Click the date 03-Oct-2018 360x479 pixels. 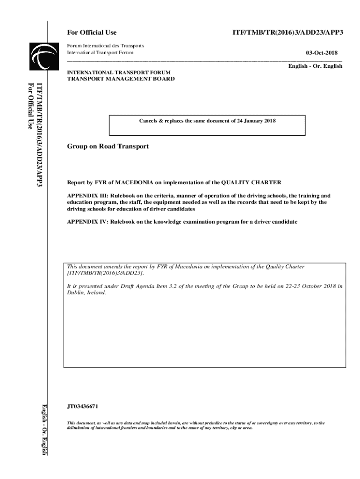tap(322, 53)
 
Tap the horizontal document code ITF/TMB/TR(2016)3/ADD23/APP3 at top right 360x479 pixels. tap(288, 32)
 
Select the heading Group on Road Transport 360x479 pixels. tap(108, 146)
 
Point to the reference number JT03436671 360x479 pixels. tap(83, 406)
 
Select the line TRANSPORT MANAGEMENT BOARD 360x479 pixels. tap(121, 79)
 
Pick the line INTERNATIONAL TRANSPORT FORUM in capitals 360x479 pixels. tap(119, 73)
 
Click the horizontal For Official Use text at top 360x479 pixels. tap(92, 32)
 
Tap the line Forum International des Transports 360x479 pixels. tap(106, 46)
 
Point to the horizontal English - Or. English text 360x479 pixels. tap(315, 66)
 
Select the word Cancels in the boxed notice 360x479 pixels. tap(149, 121)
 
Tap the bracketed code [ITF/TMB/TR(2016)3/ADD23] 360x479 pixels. tap(106, 272)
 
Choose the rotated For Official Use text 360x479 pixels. tap(31, 105)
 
